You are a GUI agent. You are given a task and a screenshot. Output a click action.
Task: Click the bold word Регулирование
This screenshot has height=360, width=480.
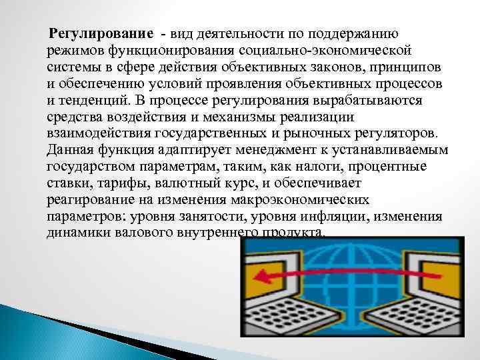pos(100,34)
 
